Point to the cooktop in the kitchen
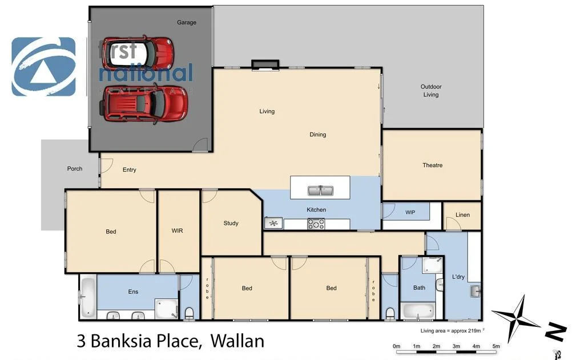[316, 224]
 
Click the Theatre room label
[432, 165]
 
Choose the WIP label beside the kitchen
[410, 212]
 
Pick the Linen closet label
[462, 215]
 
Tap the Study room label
[231, 223]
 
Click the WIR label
[177, 231]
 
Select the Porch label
[75, 168]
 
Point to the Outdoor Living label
[431, 91]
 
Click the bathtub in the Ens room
[87, 297]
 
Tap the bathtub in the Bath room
[418, 311]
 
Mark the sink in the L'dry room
[475, 292]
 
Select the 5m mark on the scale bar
[496, 346]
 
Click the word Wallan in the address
[237, 341]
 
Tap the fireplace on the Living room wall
[265, 64]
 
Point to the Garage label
[186, 22]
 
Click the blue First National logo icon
[43, 67]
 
